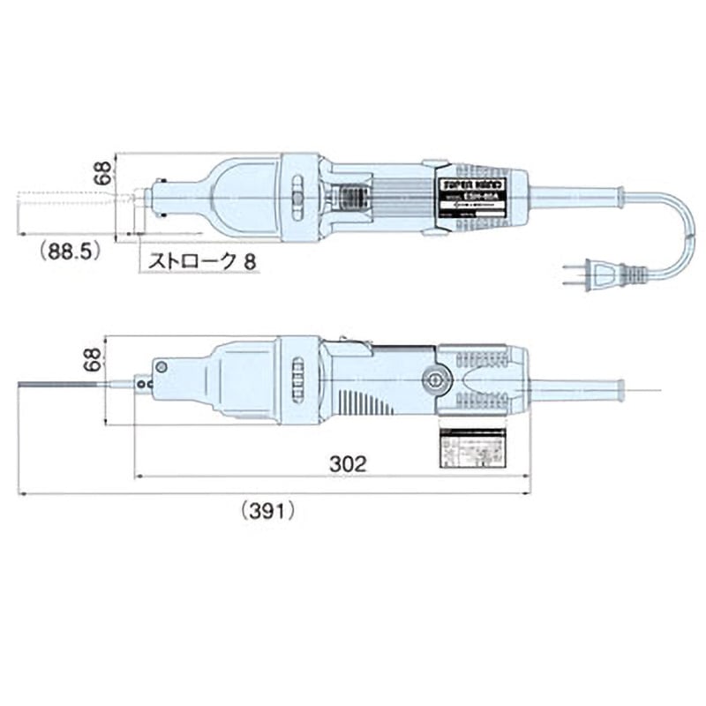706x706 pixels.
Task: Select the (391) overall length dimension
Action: (x=267, y=509)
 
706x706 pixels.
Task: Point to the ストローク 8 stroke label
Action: (x=192, y=261)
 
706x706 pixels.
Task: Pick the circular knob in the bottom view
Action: (x=433, y=379)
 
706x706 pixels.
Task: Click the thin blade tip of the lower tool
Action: (x=62, y=384)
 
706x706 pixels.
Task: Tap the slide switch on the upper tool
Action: (x=297, y=191)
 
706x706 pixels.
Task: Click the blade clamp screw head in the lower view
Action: (x=161, y=366)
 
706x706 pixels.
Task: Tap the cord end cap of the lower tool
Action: (x=620, y=387)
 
